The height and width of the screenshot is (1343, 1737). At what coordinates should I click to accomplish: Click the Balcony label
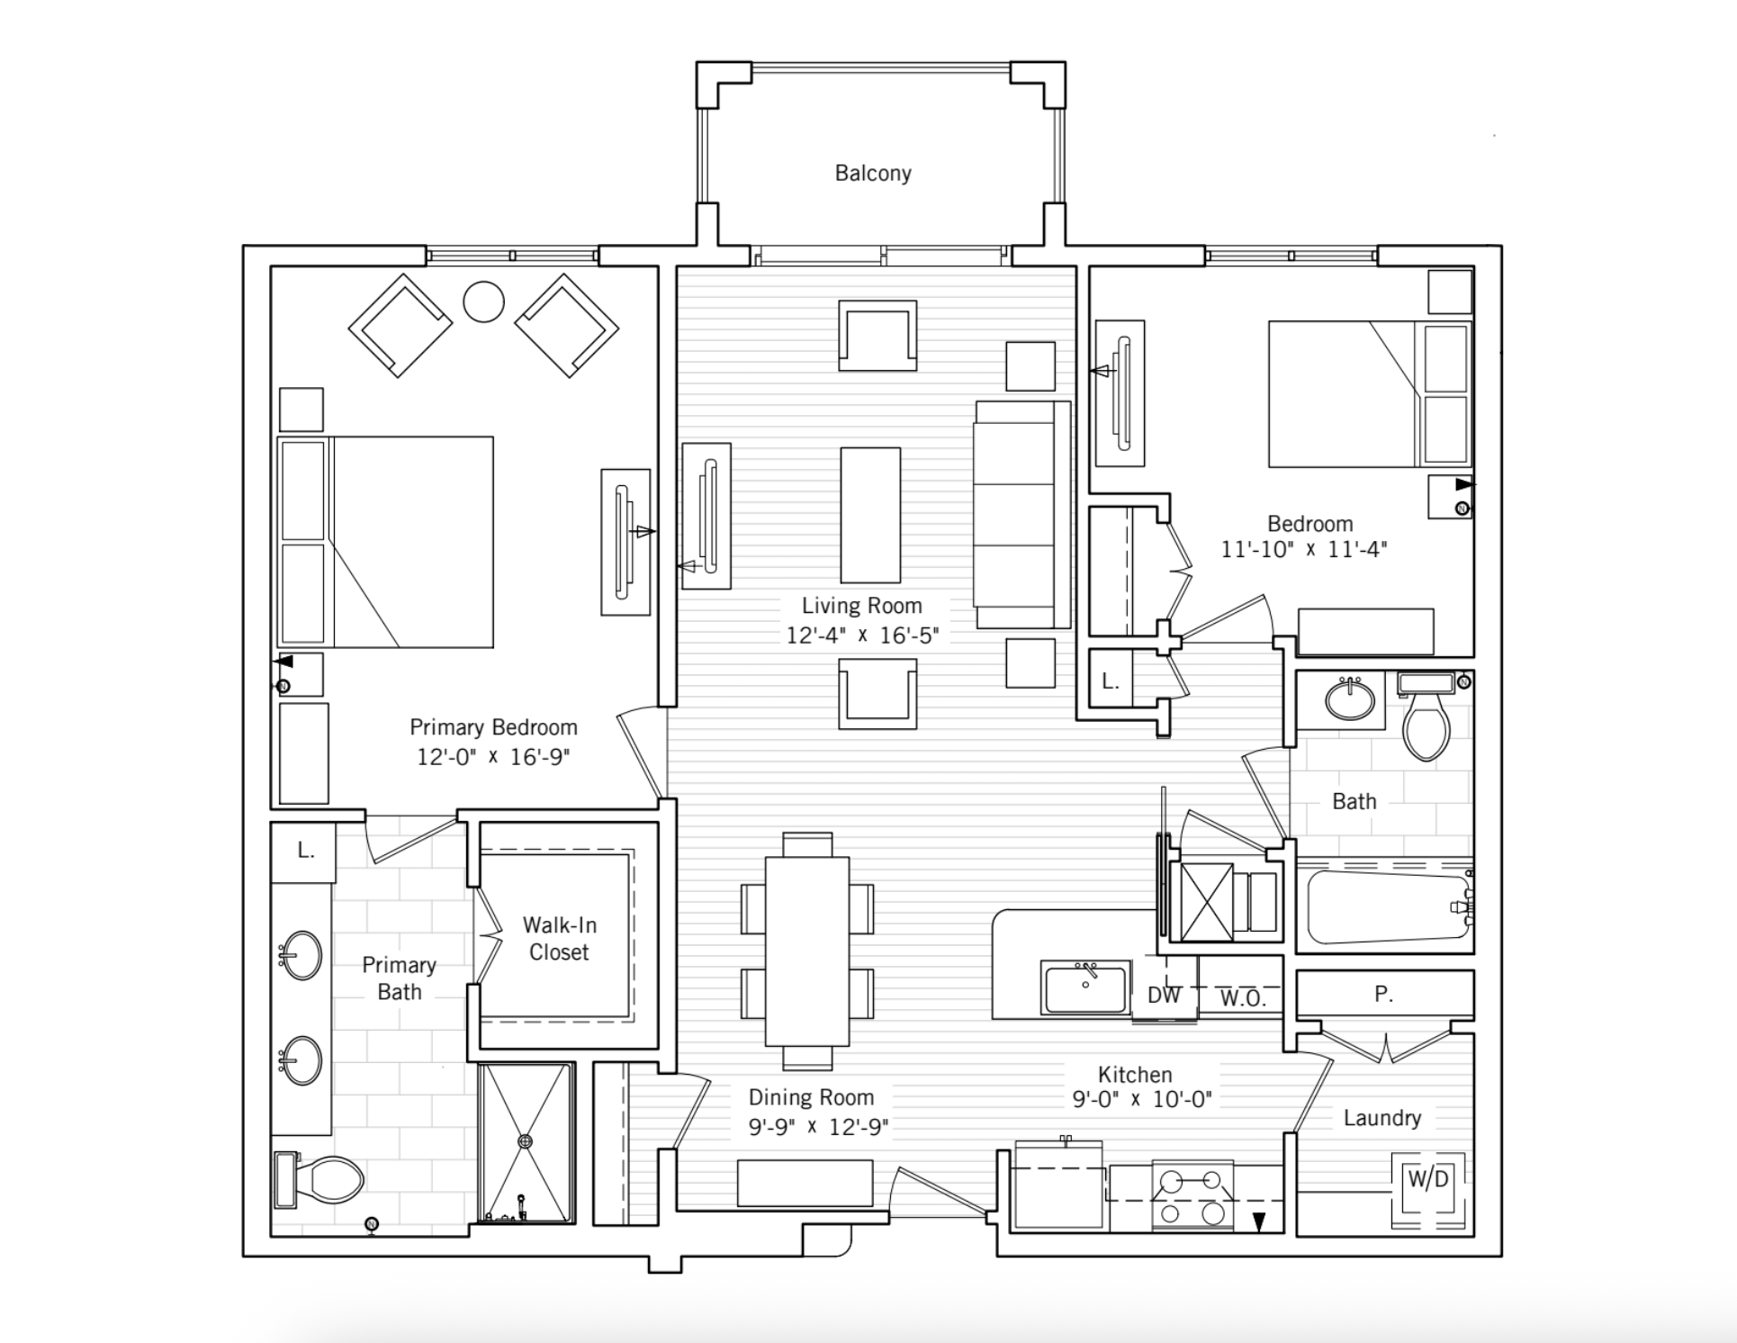pyautogui.click(x=873, y=173)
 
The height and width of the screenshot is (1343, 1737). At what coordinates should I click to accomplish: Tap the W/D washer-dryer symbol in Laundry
pyautogui.click(x=1428, y=1179)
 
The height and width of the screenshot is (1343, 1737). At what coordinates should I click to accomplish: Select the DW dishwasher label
pyautogui.click(x=1164, y=996)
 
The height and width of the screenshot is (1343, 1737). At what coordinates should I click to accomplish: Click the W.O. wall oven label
pyautogui.click(x=1243, y=997)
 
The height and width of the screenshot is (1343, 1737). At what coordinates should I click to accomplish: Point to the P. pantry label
pyautogui.click(x=1383, y=994)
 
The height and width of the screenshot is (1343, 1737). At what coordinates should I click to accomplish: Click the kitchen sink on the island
pyautogui.click(x=1085, y=988)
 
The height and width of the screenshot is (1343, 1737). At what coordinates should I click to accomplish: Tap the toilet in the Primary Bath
pyautogui.click(x=324, y=1179)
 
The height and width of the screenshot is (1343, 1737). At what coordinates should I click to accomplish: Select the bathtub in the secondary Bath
pyautogui.click(x=1384, y=907)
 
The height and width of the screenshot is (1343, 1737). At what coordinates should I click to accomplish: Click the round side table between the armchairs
pyautogui.click(x=483, y=302)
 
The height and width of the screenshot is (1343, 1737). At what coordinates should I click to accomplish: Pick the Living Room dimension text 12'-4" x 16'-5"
pyautogui.click(x=862, y=635)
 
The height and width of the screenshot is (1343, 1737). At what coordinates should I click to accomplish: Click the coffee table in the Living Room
pyautogui.click(x=870, y=515)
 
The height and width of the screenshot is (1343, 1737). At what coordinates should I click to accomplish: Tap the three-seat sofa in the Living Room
pyautogui.click(x=1021, y=515)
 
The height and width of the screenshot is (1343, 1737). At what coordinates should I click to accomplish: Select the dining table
pyautogui.click(x=807, y=951)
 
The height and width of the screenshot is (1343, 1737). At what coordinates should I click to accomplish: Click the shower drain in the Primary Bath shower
pyautogui.click(x=526, y=1141)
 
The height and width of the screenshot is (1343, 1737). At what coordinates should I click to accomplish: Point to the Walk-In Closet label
pyautogui.click(x=559, y=938)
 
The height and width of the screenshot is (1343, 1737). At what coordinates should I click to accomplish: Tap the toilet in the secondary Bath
pyautogui.click(x=1426, y=725)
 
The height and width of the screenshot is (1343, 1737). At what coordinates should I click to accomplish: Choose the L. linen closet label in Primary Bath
pyautogui.click(x=305, y=850)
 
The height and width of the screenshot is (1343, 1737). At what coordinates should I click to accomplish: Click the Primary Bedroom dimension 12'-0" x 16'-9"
pyautogui.click(x=492, y=757)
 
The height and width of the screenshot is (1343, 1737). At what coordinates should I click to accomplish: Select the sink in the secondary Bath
pyautogui.click(x=1350, y=699)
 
